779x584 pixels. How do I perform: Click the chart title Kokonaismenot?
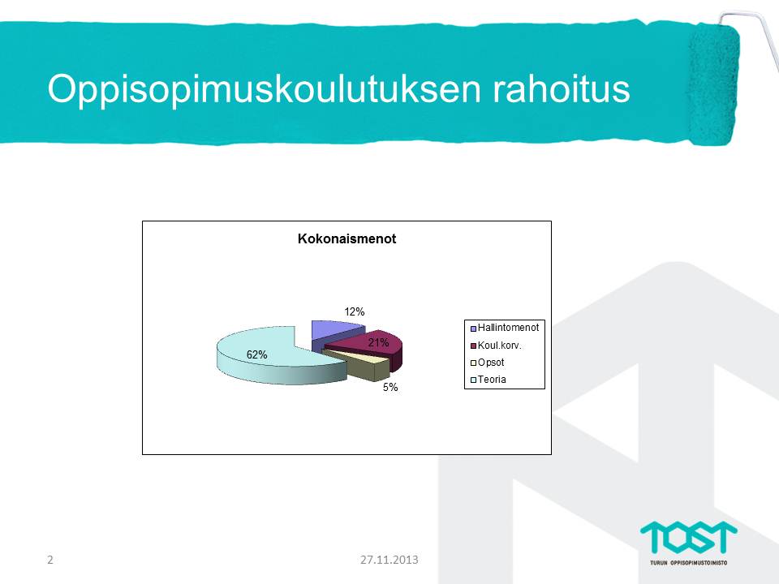pos(346,238)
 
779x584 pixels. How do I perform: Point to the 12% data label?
pos(355,311)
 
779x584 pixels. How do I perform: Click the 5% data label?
pos(390,388)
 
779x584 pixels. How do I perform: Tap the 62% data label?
pos(257,354)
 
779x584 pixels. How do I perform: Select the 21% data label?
pos(378,342)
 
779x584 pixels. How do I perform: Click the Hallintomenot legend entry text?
pos(508,328)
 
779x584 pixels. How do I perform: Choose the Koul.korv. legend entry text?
pos(499,346)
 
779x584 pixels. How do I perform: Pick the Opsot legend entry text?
pos(491,363)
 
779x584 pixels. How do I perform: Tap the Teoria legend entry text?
pos(492,380)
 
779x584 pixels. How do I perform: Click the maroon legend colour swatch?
pos(473,346)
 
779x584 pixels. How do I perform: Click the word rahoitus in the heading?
pos(562,89)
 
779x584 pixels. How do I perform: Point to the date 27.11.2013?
pos(389,560)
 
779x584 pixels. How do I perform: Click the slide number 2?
pos(49,560)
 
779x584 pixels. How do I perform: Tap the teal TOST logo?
pos(689,537)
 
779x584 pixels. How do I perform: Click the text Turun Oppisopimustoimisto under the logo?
pos(689,563)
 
